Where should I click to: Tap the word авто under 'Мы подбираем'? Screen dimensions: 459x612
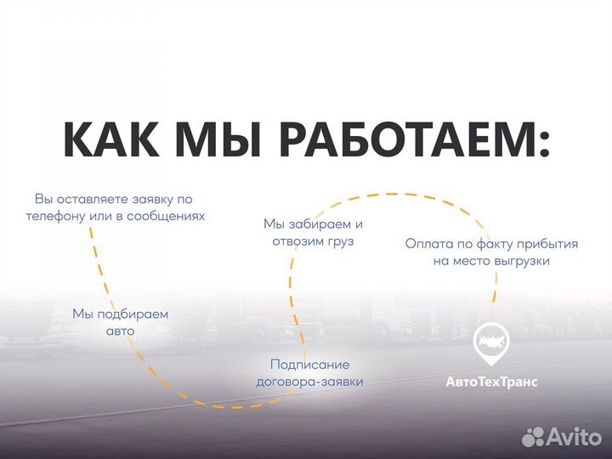pos(120,331)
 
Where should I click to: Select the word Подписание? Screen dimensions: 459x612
pos(309,364)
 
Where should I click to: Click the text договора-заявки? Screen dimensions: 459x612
pos(309,382)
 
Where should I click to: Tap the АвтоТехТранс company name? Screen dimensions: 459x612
pos(491,382)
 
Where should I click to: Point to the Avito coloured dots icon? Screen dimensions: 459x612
pos(533,437)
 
